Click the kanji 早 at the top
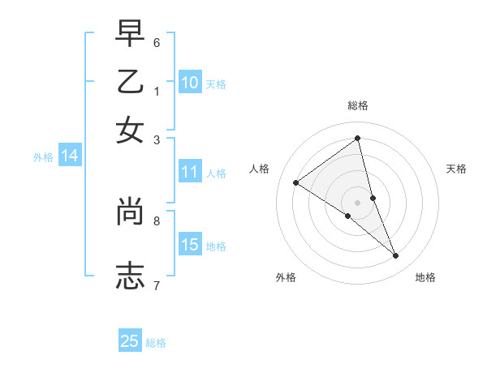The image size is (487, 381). point(131,35)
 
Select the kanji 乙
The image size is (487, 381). point(131,83)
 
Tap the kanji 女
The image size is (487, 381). point(131,131)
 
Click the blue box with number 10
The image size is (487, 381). point(190,83)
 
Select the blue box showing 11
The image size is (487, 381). point(190,172)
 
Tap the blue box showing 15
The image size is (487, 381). point(190,245)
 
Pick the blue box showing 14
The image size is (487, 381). point(70,156)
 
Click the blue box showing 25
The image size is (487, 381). point(130,341)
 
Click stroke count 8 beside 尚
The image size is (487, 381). point(157,220)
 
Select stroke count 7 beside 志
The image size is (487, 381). point(157,285)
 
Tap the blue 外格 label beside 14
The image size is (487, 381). point(43,157)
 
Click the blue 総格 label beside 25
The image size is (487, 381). point(156,343)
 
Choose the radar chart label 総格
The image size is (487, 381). point(358,105)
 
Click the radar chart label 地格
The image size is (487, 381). point(425,278)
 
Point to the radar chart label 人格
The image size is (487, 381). point(260,169)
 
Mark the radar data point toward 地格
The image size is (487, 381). point(396,256)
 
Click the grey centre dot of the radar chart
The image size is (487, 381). point(358,202)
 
